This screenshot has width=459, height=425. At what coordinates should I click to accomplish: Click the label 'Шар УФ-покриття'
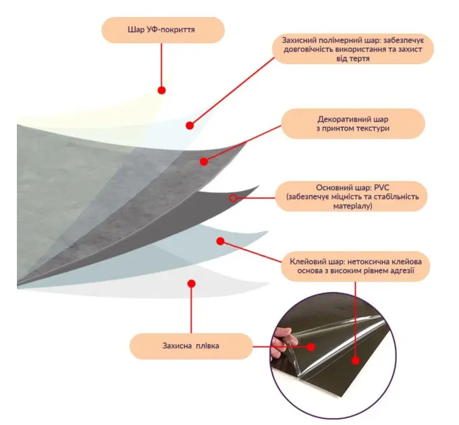[x=161, y=30]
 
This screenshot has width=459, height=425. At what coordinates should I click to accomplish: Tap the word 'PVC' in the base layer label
[x=382, y=188]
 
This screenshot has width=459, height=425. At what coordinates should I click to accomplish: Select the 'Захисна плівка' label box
[x=191, y=346]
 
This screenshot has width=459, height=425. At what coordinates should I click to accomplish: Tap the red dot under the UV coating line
[x=161, y=90]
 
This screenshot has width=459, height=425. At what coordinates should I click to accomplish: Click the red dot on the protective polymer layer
[x=190, y=125]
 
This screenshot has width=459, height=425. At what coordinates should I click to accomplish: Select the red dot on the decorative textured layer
[x=204, y=161]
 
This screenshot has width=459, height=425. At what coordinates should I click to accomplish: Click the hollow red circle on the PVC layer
[x=233, y=198]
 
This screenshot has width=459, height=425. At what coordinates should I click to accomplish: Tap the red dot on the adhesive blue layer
[x=221, y=241]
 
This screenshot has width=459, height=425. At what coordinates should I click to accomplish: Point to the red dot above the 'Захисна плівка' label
[x=192, y=283]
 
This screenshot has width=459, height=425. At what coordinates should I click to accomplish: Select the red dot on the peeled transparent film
[x=311, y=347]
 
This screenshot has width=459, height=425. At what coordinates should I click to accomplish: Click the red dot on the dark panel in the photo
[x=355, y=361]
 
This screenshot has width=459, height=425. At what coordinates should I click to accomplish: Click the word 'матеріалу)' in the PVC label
[x=352, y=206]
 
